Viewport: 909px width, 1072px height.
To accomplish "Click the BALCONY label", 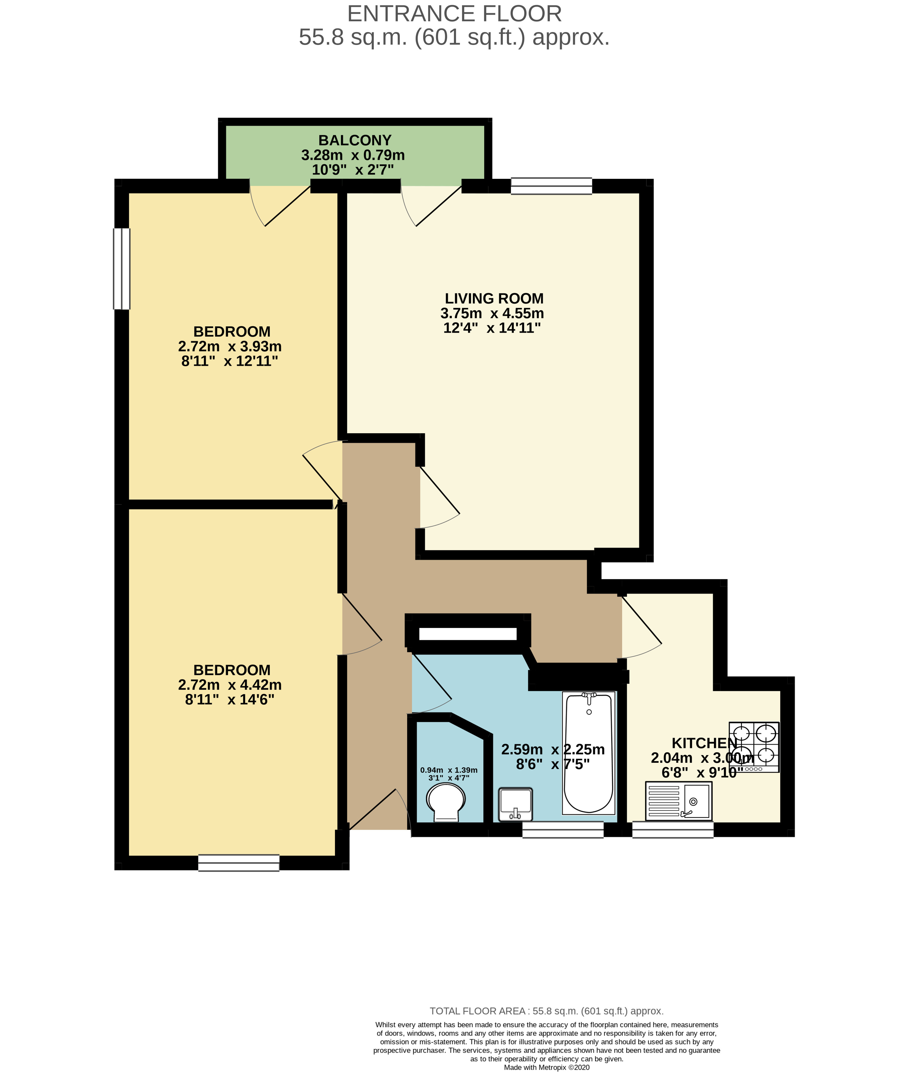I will click(x=354, y=140).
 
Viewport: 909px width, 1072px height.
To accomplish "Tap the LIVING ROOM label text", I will click(x=494, y=298).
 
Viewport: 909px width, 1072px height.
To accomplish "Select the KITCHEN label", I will click(x=704, y=743).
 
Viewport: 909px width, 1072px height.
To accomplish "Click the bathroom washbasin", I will click(x=515, y=804).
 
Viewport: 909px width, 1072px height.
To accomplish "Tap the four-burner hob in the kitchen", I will click(x=754, y=747).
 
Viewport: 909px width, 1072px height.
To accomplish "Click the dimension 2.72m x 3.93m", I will click(x=230, y=346).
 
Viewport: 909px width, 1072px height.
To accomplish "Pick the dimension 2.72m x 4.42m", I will click(x=230, y=685).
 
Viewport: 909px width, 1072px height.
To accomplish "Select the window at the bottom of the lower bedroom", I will click(x=238, y=863).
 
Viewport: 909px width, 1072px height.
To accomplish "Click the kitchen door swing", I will click(x=641, y=626).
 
